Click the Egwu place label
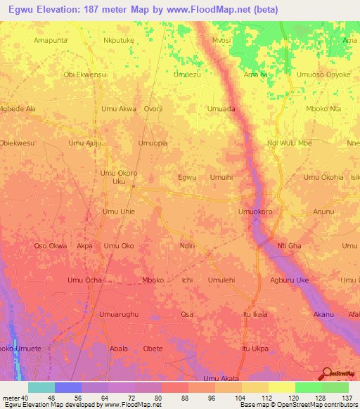(187, 177)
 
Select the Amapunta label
(51, 41)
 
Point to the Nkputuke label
(119, 41)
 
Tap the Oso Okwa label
(51, 245)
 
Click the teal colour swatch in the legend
(41, 387)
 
